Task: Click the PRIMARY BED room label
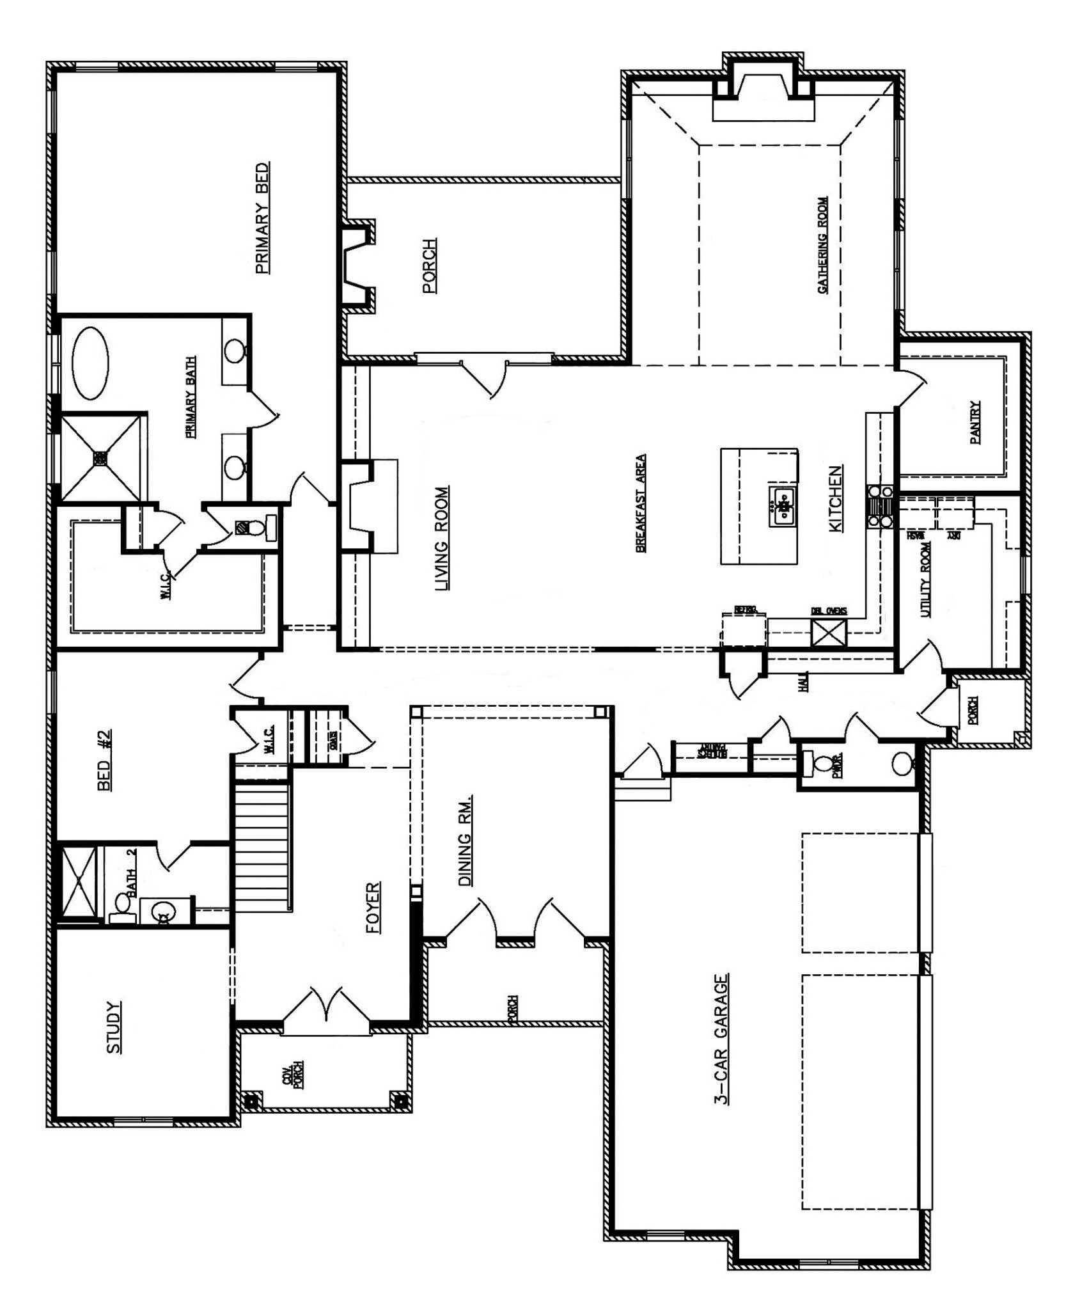click(262, 217)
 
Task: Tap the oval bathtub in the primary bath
click(90, 363)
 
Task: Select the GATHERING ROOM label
click(822, 245)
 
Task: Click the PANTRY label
click(975, 422)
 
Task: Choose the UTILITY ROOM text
click(925, 580)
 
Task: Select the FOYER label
click(373, 908)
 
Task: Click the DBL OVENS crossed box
click(829, 633)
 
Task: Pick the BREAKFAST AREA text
click(640, 503)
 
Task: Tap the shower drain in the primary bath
click(101, 457)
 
